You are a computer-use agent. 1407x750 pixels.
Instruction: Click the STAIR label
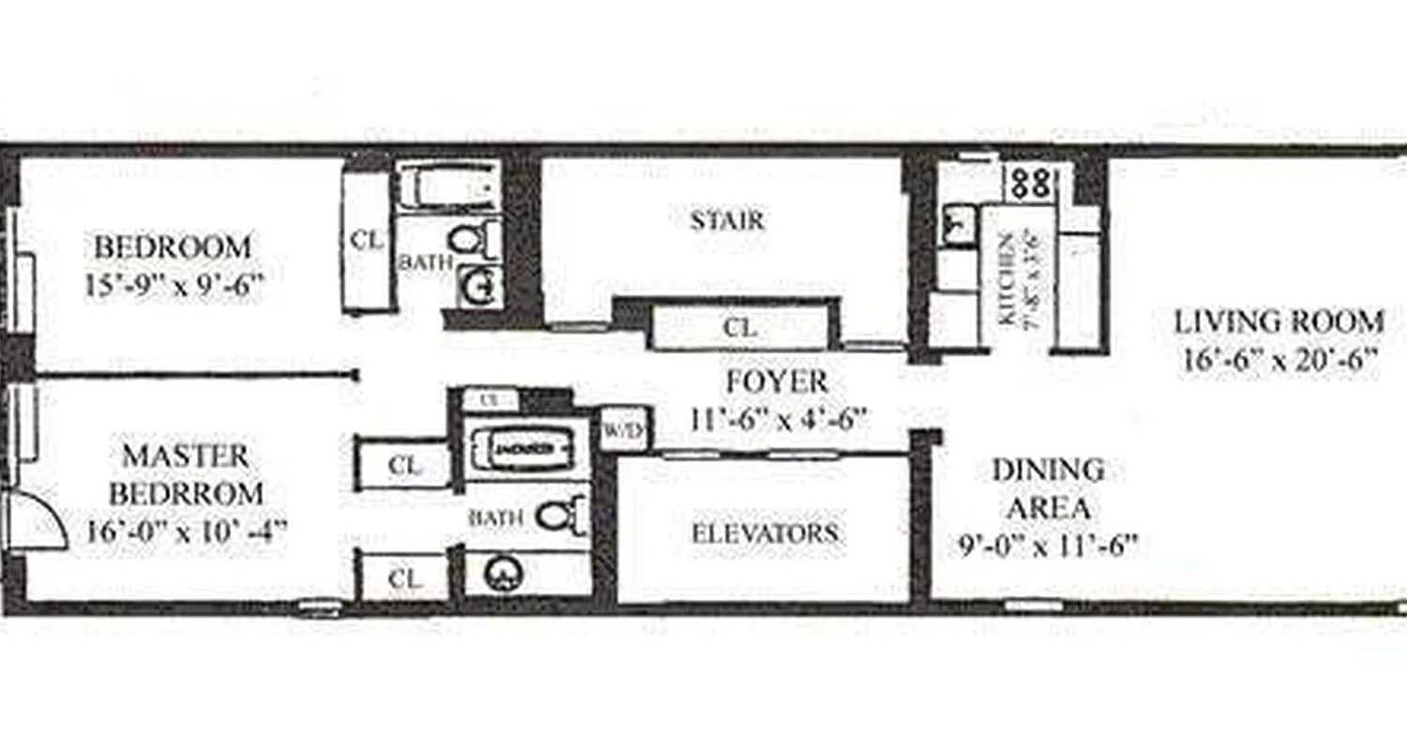(727, 221)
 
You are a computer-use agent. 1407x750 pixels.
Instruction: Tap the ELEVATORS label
(764, 533)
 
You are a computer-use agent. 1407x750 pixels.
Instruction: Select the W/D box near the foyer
(622, 430)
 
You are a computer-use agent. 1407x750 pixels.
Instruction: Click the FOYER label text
(777, 382)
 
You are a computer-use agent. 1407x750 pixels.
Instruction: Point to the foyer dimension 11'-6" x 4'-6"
(777, 417)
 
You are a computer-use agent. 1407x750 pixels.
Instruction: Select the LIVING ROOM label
(1279, 322)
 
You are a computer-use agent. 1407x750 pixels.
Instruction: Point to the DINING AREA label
(1048, 488)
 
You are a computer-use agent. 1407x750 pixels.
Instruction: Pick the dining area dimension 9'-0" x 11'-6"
(1048, 545)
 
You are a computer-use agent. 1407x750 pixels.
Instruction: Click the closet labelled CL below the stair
(739, 329)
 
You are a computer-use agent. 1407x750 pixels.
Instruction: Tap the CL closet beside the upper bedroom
(366, 239)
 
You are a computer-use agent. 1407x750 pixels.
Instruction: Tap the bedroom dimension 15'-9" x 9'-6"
(173, 285)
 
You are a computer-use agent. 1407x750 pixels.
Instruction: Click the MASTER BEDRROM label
(186, 474)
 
